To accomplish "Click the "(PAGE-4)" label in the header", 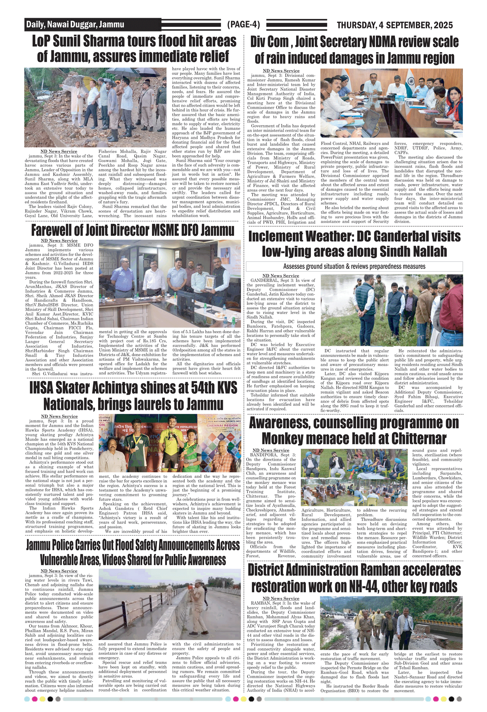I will pyautogui.click(x=243, y=25).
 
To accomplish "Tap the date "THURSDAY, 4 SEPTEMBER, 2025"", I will pyautogui.click(x=394, y=25).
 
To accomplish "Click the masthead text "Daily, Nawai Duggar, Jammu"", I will pyautogui.click(x=75, y=25).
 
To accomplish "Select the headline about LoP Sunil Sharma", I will pyautogui.click(x=134, y=49).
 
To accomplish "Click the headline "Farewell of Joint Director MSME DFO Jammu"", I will pyautogui.click(x=132, y=230).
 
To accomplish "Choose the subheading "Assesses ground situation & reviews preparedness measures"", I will pyautogui.click(x=354, y=267).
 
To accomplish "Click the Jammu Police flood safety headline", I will pyautogui.click(x=133, y=552).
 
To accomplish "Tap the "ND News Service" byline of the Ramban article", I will pyautogui.click(x=281, y=599).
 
